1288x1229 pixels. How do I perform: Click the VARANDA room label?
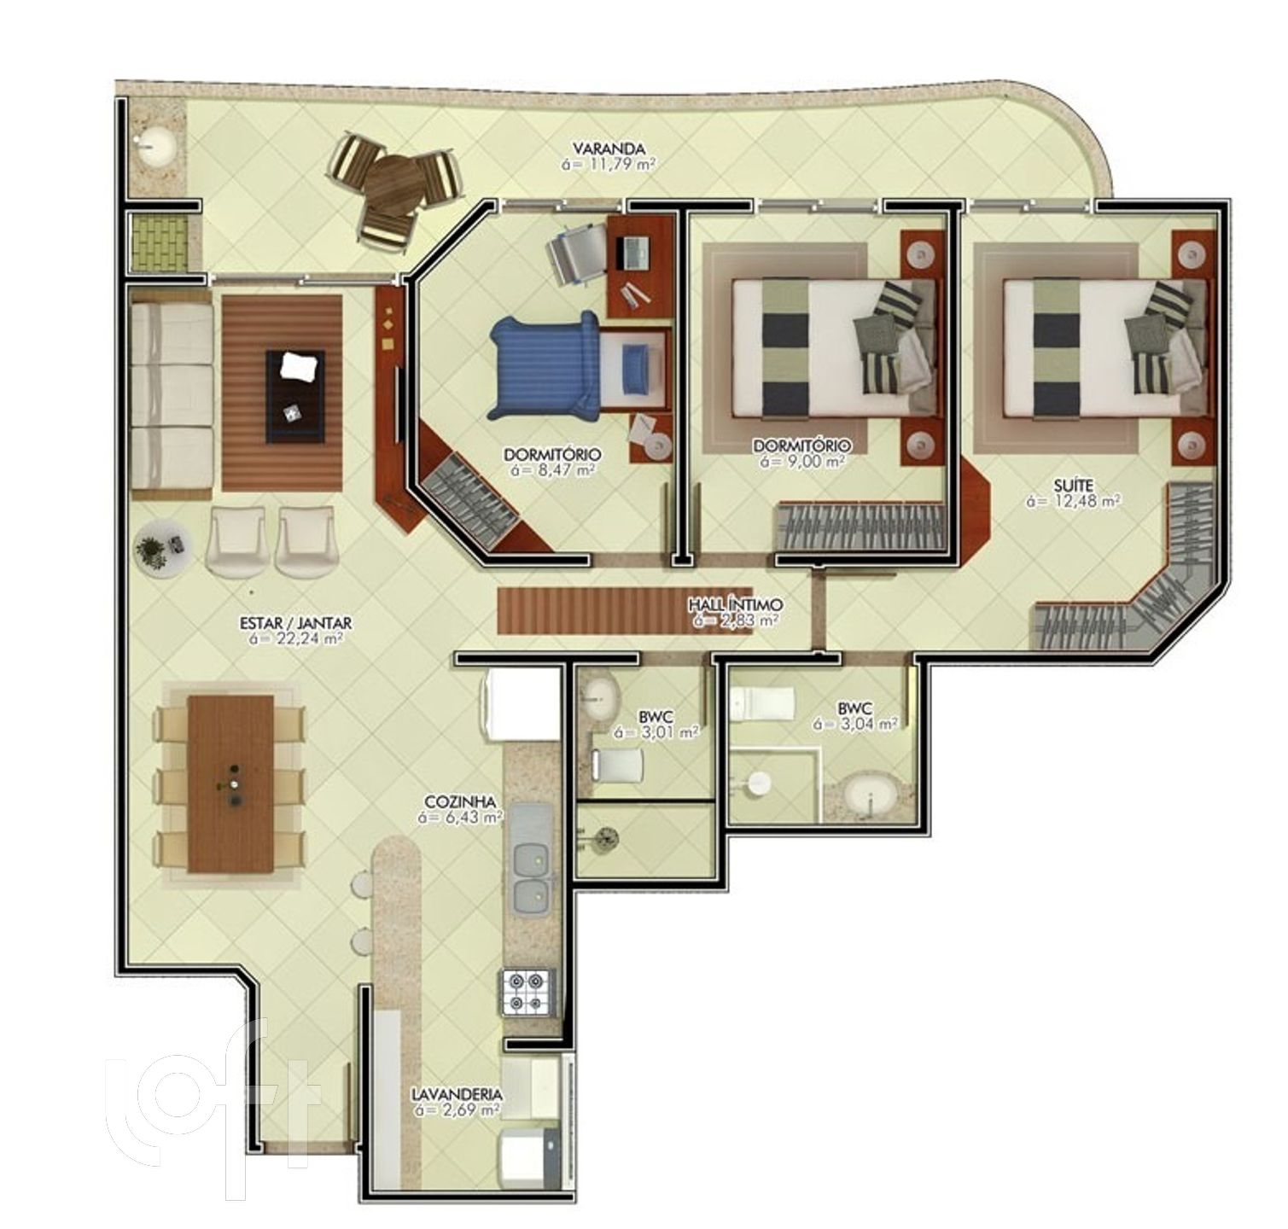609,147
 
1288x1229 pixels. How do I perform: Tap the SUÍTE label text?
1072,484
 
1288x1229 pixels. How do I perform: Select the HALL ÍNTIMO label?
736,605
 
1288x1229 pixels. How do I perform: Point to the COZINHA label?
460,802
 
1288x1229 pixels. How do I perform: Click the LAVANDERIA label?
457,1094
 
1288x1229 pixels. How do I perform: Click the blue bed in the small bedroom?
545,366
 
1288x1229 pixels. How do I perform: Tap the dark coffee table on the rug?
295,395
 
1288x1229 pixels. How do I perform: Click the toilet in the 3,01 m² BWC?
618,764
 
